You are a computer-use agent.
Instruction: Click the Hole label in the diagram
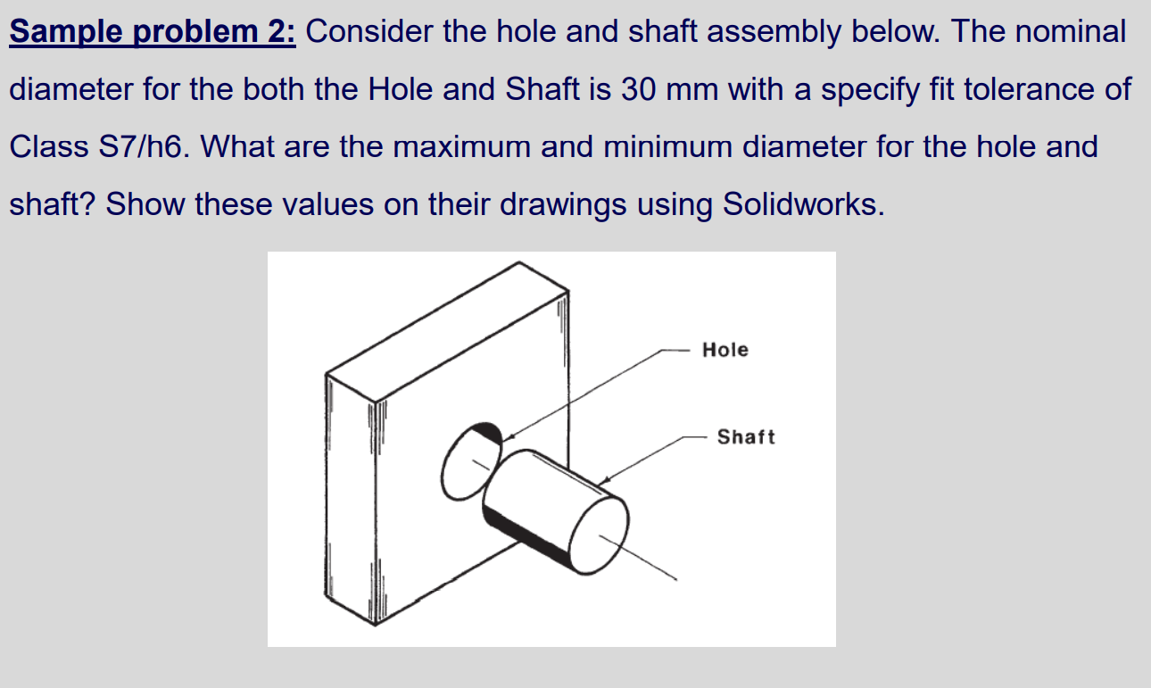click(x=725, y=350)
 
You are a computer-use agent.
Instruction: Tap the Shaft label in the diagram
click(x=746, y=436)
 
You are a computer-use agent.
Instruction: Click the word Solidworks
click(x=802, y=204)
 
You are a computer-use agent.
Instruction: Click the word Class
click(x=48, y=146)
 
